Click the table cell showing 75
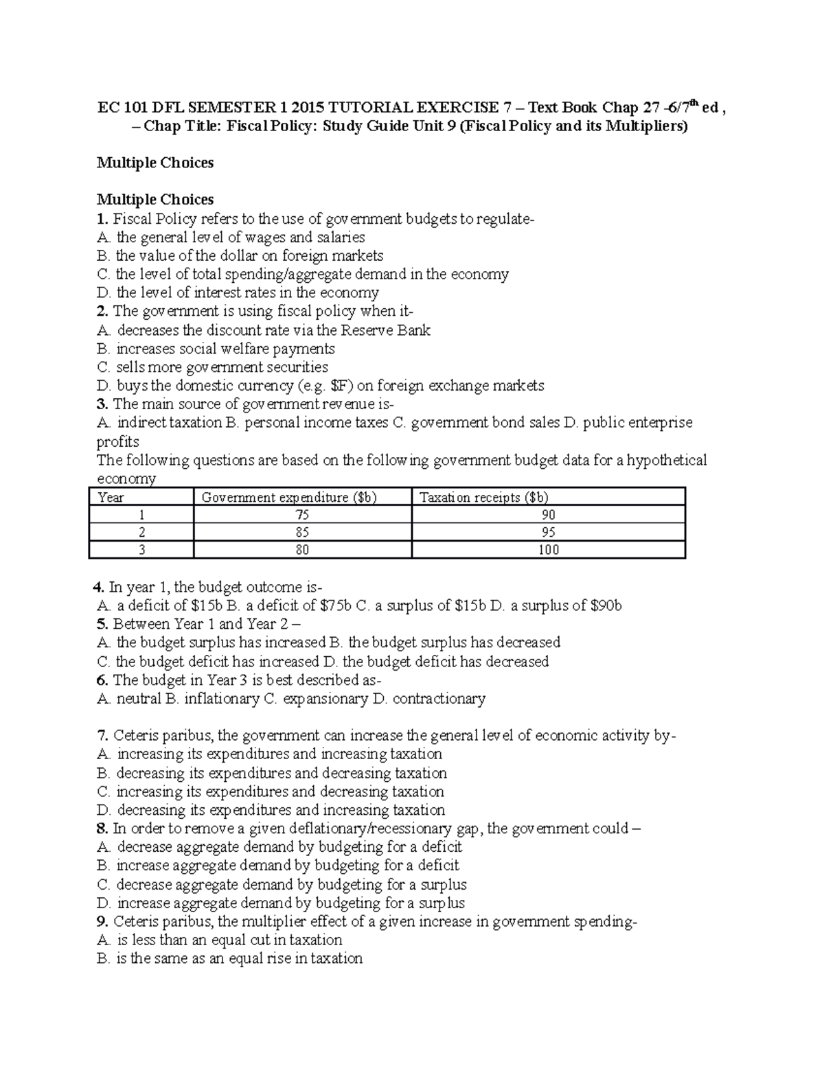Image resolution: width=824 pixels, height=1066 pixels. (302, 515)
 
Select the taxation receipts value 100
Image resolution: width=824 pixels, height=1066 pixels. (548, 550)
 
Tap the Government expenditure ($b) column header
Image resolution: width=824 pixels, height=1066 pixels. (289, 498)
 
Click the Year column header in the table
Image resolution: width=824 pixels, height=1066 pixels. (111, 498)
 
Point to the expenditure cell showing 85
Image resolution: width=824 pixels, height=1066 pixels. (302, 533)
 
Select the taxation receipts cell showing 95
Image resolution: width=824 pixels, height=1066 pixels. (548, 533)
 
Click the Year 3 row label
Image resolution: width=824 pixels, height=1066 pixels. (141, 550)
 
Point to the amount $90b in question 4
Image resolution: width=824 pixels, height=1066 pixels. (606, 606)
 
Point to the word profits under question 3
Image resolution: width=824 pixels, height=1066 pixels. (118, 442)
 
